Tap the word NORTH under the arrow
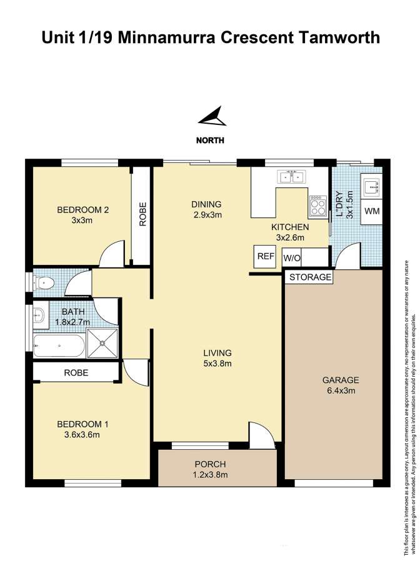coord(210,140)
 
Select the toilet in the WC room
coord(43,282)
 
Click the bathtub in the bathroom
coord(59,345)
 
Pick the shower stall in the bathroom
coord(102,343)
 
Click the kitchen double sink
coord(291,177)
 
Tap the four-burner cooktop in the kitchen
coord(317,206)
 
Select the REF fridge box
coord(265,256)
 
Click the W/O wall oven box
coord(292,258)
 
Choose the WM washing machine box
coord(371,212)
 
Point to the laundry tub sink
coord(371,186)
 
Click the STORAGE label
coord(310,277)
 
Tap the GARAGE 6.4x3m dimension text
coord(341,390)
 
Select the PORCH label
coord(210,464)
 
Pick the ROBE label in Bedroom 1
coord(76,373)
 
